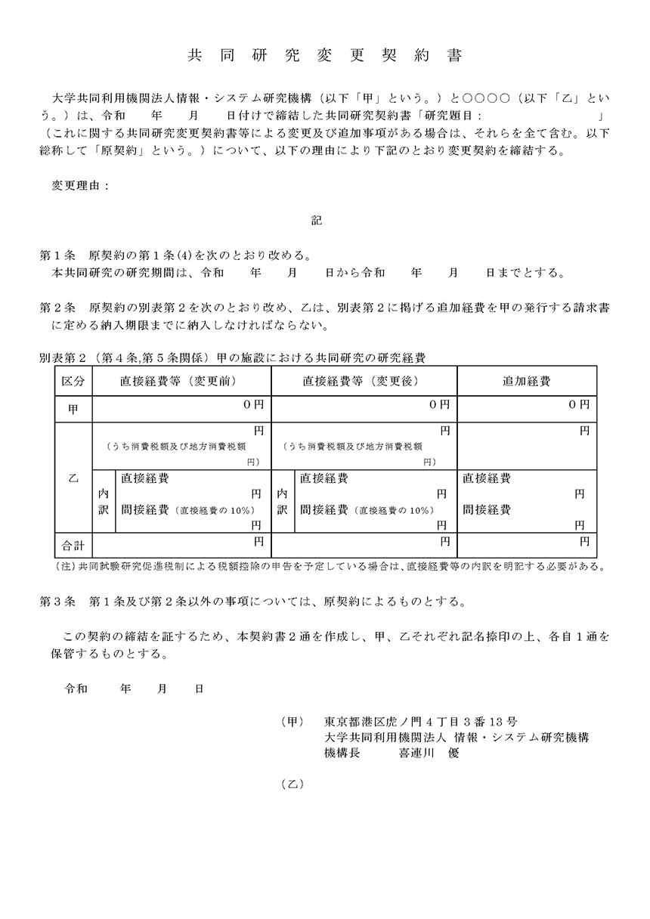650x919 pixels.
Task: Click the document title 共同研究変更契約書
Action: [x=325, y=57]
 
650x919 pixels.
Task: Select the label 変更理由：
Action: [x=80, y=185]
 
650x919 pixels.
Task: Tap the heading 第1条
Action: [x=57, y=255]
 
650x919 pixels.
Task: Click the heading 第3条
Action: [x=57, y=602]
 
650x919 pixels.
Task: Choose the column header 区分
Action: [x=73, y=381]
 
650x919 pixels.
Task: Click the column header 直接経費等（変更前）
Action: [x=181, y=381]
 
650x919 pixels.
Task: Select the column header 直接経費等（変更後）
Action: [x=364, y=381]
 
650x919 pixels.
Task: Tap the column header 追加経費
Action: [x=527, y=381]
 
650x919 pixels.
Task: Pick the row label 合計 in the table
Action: [x=73, y=543]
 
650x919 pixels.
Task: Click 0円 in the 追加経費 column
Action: [x=578, y=405]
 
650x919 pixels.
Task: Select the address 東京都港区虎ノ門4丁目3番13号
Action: [x=420, y=722]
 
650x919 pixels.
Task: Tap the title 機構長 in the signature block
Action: [x=341, y=753]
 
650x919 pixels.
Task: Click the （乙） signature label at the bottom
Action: [x=292, y=784]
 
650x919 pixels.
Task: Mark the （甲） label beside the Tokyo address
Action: [x=292, y=722]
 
